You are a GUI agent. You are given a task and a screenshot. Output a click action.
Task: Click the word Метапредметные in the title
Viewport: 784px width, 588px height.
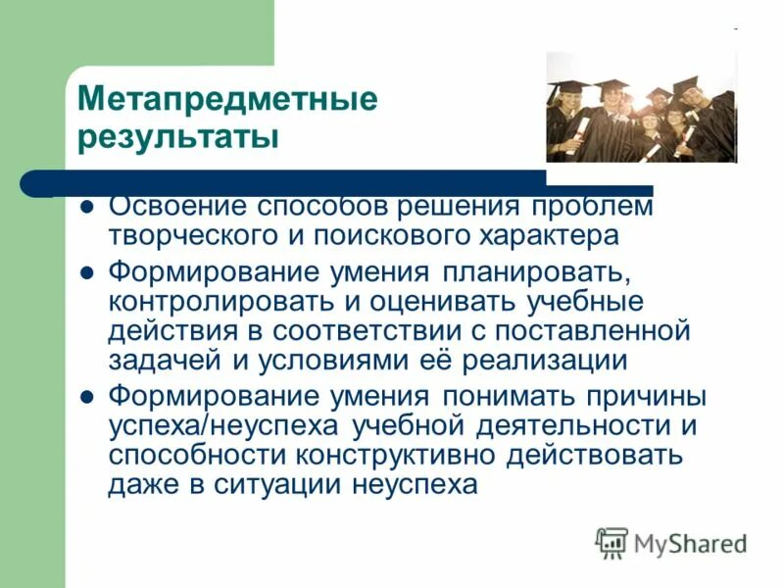tap(227, 100)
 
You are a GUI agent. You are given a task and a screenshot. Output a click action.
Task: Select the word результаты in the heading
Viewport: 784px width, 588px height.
tap(177, 136)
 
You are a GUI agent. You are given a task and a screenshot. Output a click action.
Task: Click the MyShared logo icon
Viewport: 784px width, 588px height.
tap(612, 542)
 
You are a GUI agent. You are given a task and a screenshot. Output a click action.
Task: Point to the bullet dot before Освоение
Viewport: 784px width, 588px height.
tap(85, 208)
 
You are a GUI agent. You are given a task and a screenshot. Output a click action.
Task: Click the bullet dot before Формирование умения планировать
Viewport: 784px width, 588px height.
tap(85, 270)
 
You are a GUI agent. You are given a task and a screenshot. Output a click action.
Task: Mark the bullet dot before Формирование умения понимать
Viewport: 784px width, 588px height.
tap(85, 397)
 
